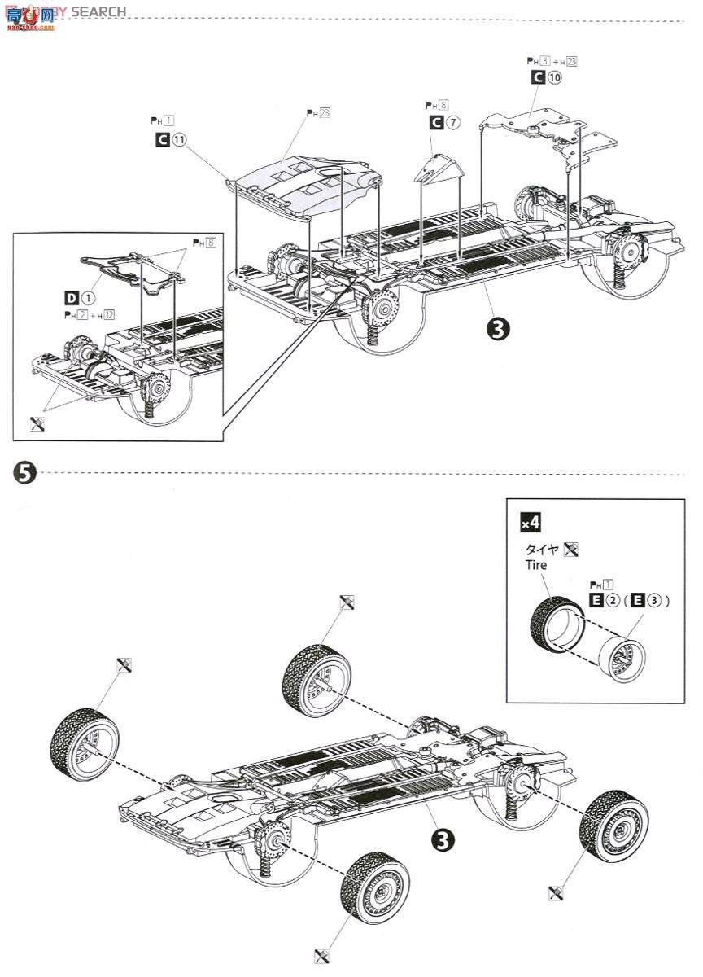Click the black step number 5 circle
point(25,472)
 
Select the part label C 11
point(171,139)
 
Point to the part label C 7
point(445,123)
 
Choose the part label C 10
point(546,77)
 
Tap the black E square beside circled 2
point(596,601)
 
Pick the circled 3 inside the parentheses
point(652,601)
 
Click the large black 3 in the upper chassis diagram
point(497,327)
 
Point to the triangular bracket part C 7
point(439,169)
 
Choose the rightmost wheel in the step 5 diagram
point(613,826)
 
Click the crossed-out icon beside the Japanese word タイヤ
point(570,549)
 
